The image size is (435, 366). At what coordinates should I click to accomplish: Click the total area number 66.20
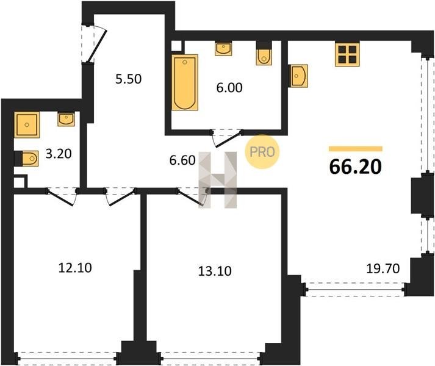(355, 167)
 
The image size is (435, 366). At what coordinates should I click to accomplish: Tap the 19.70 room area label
(383, 268)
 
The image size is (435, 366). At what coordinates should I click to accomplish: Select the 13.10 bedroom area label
(215, 271)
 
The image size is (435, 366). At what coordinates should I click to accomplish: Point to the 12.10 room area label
(75, 268)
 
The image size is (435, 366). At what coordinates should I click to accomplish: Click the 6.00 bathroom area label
(229, 88)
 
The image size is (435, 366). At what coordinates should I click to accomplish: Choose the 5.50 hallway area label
(129, 79)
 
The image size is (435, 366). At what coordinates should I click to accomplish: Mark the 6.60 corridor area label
(182, 160)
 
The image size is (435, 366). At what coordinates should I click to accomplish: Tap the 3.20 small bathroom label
(59, 154)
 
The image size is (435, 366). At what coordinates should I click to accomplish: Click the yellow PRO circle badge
(262, 151)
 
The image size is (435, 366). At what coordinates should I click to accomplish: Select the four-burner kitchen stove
(347, 54)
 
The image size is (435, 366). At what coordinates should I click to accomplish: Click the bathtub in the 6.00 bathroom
(185, 82)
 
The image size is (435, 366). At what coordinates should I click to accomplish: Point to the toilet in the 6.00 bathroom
(264, 53)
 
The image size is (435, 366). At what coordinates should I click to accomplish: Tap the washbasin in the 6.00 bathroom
(223, 49)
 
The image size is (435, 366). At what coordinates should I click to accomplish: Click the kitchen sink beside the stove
(298, 76)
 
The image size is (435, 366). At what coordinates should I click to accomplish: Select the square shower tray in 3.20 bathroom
(27, 125)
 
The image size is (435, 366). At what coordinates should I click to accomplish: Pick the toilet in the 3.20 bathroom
(27, 159)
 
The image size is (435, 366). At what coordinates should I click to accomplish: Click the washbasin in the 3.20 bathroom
(66, 119)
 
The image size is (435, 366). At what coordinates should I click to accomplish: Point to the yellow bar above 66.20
(356, 149)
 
